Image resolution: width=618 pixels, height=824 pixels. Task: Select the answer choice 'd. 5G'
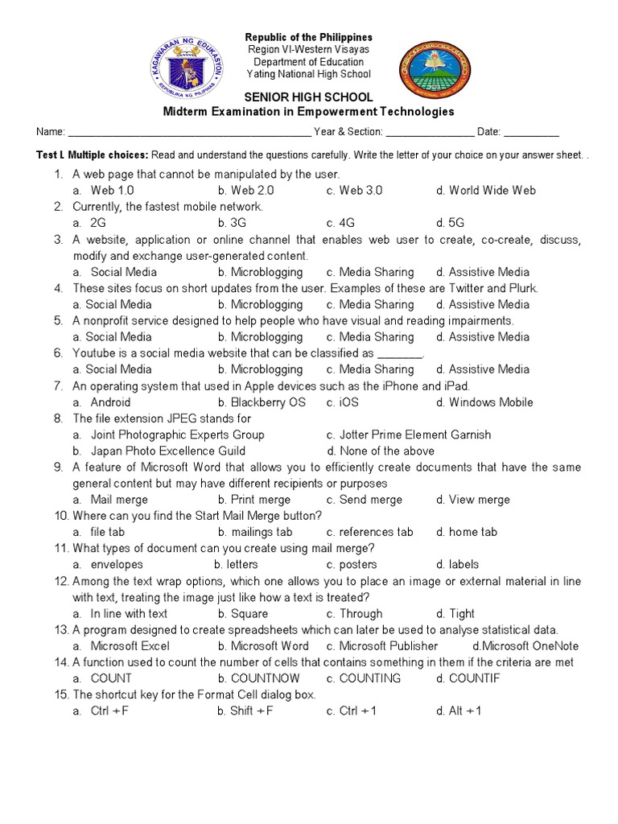[x=450, y=223]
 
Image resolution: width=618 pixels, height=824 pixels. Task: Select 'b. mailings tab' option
[x=255, y=532]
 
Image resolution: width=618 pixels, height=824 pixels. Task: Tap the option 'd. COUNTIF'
[x=468, y=678]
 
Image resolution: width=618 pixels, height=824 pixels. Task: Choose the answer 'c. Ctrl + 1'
[x=352, y=711]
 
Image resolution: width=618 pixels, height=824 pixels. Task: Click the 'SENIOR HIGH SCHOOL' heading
[x=310, y=97]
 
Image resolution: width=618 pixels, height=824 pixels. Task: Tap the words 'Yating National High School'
[x=310, y=74]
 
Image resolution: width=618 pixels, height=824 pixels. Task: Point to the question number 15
[x=61, y=694]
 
